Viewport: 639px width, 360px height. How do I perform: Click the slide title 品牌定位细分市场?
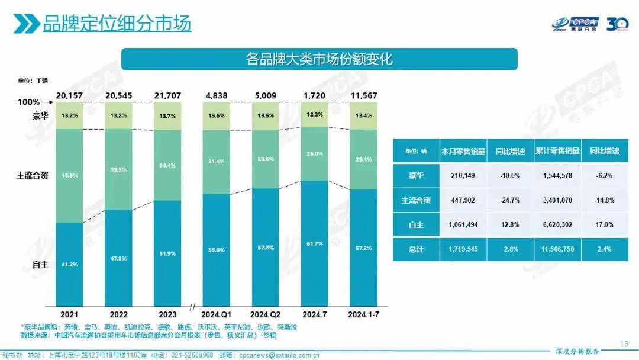117,24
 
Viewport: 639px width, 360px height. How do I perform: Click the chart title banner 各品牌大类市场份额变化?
319,59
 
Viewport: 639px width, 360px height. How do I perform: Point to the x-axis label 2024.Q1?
217,313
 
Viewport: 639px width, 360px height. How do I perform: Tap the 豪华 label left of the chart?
40,115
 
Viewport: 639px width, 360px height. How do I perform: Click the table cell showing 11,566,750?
556,249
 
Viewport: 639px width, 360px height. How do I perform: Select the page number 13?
624,343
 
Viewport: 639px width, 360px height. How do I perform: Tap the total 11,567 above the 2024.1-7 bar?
363,95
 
